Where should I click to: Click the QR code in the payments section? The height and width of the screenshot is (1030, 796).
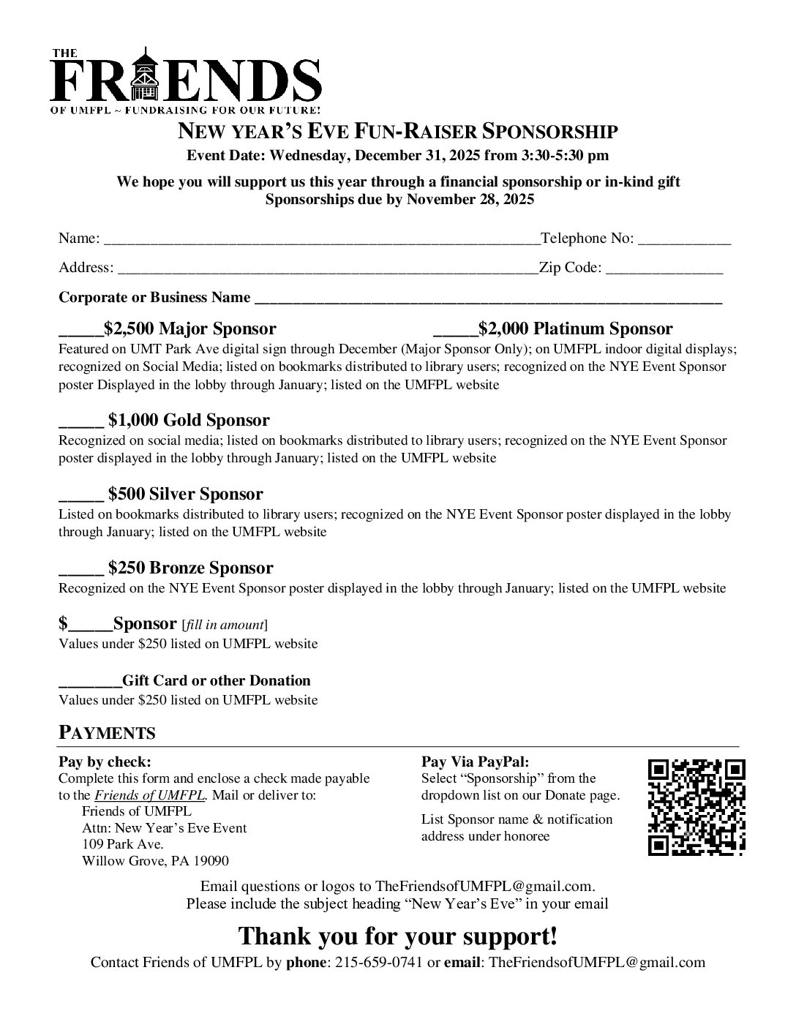click(x=696, y=808)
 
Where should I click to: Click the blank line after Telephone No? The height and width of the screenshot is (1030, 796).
click(x=685, y=240)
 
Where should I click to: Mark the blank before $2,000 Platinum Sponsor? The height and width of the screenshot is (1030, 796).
click(x=455, y=331)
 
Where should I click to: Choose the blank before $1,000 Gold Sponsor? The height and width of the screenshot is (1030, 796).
click(x=80, y=422)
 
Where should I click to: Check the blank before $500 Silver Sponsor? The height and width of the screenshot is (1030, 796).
click(x=80, y=496)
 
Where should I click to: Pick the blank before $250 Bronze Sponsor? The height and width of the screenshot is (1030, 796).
click(x=80, y=570)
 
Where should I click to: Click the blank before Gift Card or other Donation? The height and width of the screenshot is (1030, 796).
click(x=89, y=683)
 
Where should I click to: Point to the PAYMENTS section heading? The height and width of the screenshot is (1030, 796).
click(x=107, y=733)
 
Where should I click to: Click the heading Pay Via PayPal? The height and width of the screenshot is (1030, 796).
click(x=475, y=762)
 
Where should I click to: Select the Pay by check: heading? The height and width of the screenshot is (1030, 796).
click(x=105, y=762)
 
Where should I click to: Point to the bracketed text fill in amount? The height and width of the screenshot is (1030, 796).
click(x=225, y=625)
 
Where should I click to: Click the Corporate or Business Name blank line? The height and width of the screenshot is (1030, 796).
click(x=487, y=299)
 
